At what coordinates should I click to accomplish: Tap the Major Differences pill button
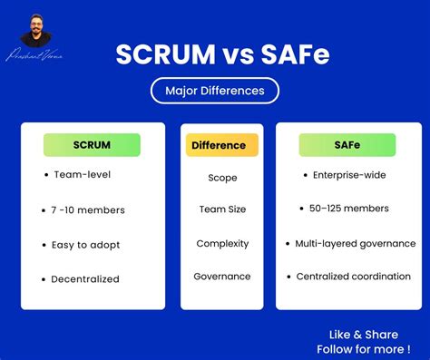(x=215, y=91)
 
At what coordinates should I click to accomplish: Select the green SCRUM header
(x=92, y=145)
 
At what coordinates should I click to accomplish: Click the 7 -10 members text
(x=89, y=210)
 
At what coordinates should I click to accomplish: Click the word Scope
(x=222, y=179)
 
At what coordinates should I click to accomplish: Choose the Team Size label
(x=222, y=209)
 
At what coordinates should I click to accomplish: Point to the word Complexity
(x=222, y=243)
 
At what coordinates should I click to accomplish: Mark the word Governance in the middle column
(x=222, y=277)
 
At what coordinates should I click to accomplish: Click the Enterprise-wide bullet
(x=348, y=175)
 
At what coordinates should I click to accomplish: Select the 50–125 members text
(x=348, y=209)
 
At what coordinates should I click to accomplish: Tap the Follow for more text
(x=362, y=349)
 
